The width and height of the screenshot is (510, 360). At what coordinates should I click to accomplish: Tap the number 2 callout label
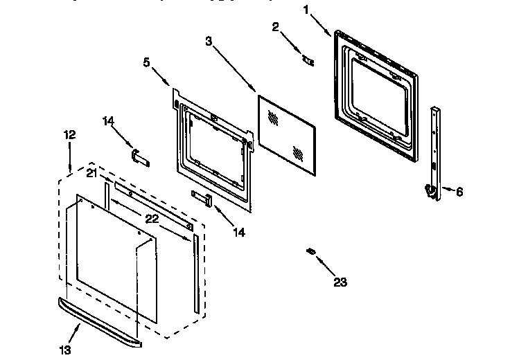point(275,27)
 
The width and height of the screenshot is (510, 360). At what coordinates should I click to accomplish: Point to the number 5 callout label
point(146,62)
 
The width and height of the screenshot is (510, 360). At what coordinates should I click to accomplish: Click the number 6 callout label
point(459,192)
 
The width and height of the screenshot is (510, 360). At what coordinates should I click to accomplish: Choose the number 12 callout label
point(70,135)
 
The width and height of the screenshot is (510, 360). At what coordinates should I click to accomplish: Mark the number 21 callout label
point(91,174)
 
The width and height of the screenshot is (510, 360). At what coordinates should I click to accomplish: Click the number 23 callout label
point(340,282)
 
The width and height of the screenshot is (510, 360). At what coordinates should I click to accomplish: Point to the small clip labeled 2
point(307,60)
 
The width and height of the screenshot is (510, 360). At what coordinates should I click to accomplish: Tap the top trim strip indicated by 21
point(152,205)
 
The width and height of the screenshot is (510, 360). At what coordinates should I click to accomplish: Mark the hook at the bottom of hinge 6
point(430,193)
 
